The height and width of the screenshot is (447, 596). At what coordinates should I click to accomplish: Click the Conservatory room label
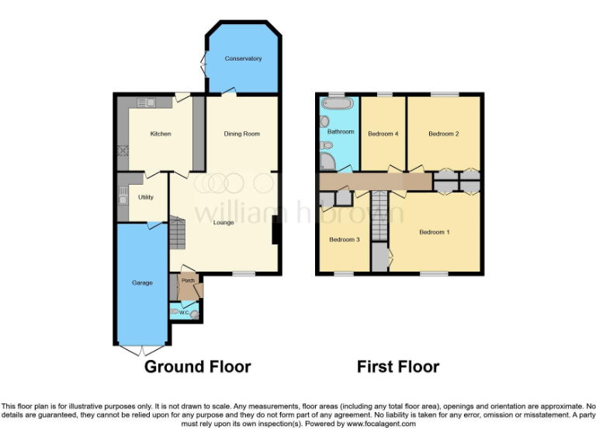pos(243,59)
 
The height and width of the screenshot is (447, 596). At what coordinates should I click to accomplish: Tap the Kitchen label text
pos(161,133)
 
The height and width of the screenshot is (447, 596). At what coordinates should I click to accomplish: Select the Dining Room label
pos(241,133)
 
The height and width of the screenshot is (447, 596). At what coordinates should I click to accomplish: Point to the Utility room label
pos(146,197)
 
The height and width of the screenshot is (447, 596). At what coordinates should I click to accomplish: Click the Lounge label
pos(225,223)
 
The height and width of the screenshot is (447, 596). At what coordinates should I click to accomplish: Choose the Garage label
pos(142,282)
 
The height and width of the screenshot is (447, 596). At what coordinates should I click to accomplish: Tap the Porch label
pos(188,280)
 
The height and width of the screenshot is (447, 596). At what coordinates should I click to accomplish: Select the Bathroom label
pos(340,132)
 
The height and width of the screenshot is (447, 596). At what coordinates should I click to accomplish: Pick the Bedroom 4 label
pos(383,133)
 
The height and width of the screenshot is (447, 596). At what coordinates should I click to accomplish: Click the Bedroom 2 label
pos(443,133)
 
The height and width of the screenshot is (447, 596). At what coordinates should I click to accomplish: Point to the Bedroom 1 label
pos(435,232)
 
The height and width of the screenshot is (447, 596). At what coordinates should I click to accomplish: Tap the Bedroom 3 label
pos(344,239)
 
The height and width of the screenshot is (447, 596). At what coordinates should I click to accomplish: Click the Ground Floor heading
pos(197,366)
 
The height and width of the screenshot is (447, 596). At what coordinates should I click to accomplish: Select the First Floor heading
pos(398,366)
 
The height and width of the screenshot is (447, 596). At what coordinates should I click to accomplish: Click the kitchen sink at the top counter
pos(147,102)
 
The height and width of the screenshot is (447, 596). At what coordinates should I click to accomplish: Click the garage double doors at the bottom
pos(143,349)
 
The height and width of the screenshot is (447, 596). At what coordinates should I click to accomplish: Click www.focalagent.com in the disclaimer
pos(380,424)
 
